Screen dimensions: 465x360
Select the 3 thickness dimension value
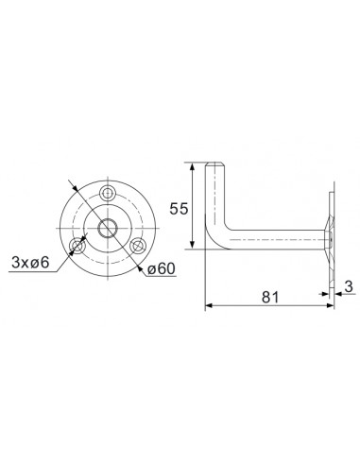[x=349, y=284]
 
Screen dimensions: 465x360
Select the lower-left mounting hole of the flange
[x=77, y=248]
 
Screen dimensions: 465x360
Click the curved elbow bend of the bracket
[x=216, y=237]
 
